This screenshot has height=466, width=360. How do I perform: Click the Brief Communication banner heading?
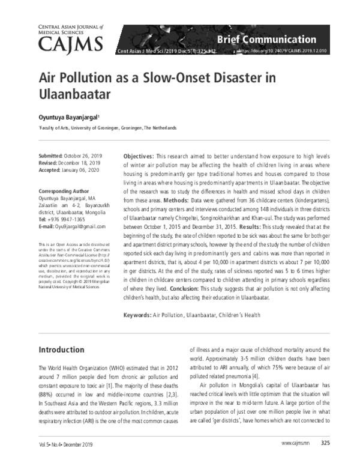pos(266,39)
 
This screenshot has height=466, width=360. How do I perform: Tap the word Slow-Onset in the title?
pos(169,79)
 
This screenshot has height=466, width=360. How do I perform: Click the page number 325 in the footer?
pos(325,459)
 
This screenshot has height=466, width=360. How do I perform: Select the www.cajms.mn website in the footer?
pos(294,459)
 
